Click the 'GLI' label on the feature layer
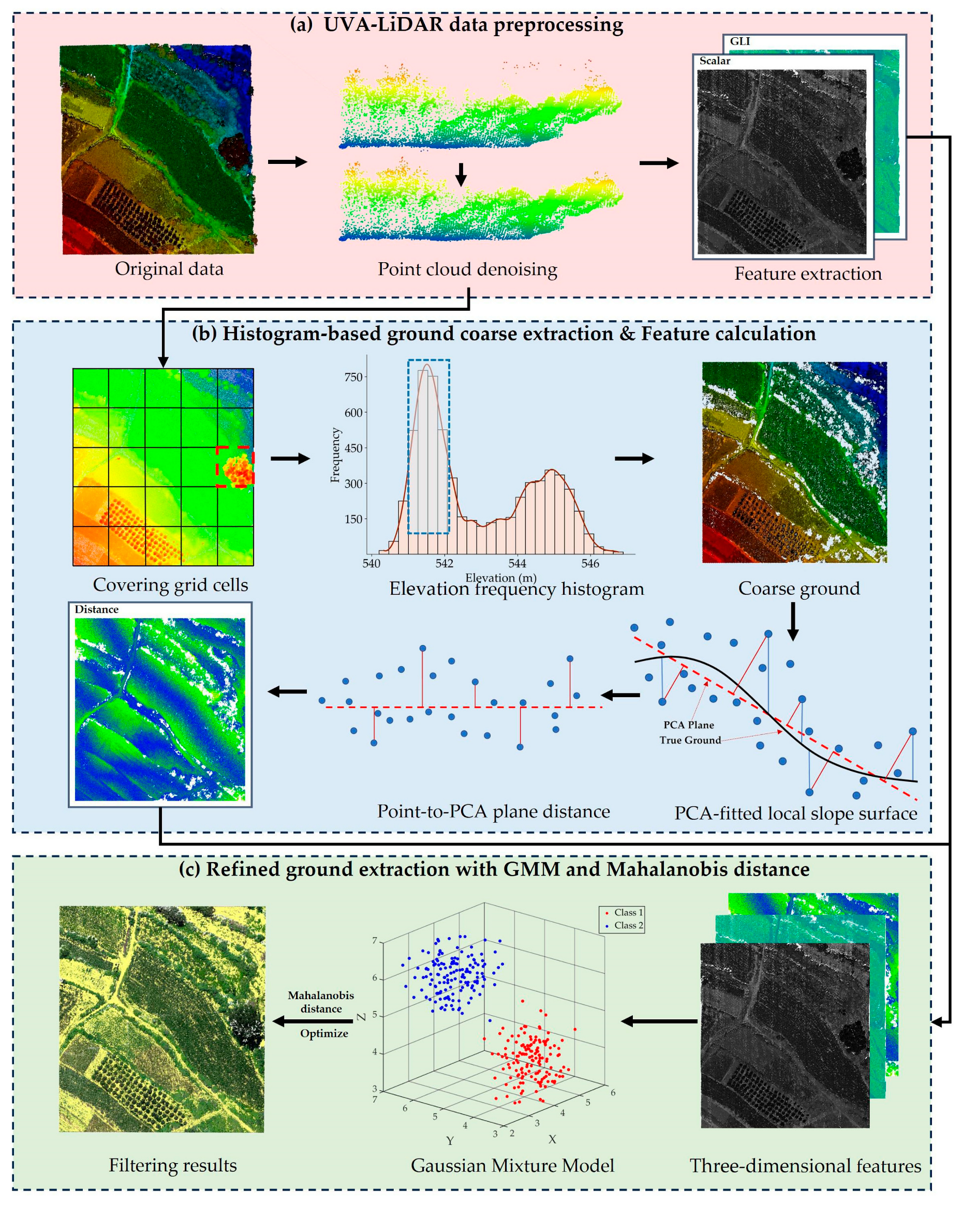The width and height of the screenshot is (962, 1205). tap(739, 41)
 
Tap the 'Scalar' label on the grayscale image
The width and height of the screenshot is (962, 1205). tap(714, 61)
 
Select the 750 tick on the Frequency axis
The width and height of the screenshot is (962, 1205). tap(353, 377)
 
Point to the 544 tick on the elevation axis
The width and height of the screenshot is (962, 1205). tap(517, 563)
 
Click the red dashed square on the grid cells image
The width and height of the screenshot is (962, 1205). tap(235, 466)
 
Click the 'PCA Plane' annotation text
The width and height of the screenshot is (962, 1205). tap(688, 725)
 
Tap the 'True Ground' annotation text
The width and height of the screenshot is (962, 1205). tap(690, 740)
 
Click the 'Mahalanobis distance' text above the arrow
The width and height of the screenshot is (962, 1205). tap(321, 1002)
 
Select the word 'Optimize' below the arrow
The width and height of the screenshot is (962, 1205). tap(324, 1033)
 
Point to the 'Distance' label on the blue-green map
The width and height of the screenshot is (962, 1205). tap(97, 609)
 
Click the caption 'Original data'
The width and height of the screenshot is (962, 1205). tap(169, 269)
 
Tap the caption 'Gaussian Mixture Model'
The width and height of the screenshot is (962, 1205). tap(512, 1165)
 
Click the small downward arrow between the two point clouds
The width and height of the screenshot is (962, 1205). tap(461, 174)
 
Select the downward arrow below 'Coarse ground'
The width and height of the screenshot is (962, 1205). tap(793, 621)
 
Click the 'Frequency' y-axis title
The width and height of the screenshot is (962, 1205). tap(335, 455)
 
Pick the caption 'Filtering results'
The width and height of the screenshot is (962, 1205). tap(173, 1165)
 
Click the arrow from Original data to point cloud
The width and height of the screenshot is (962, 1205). tap(288, 162)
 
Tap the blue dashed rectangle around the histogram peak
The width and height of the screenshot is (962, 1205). tap(429, 446)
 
